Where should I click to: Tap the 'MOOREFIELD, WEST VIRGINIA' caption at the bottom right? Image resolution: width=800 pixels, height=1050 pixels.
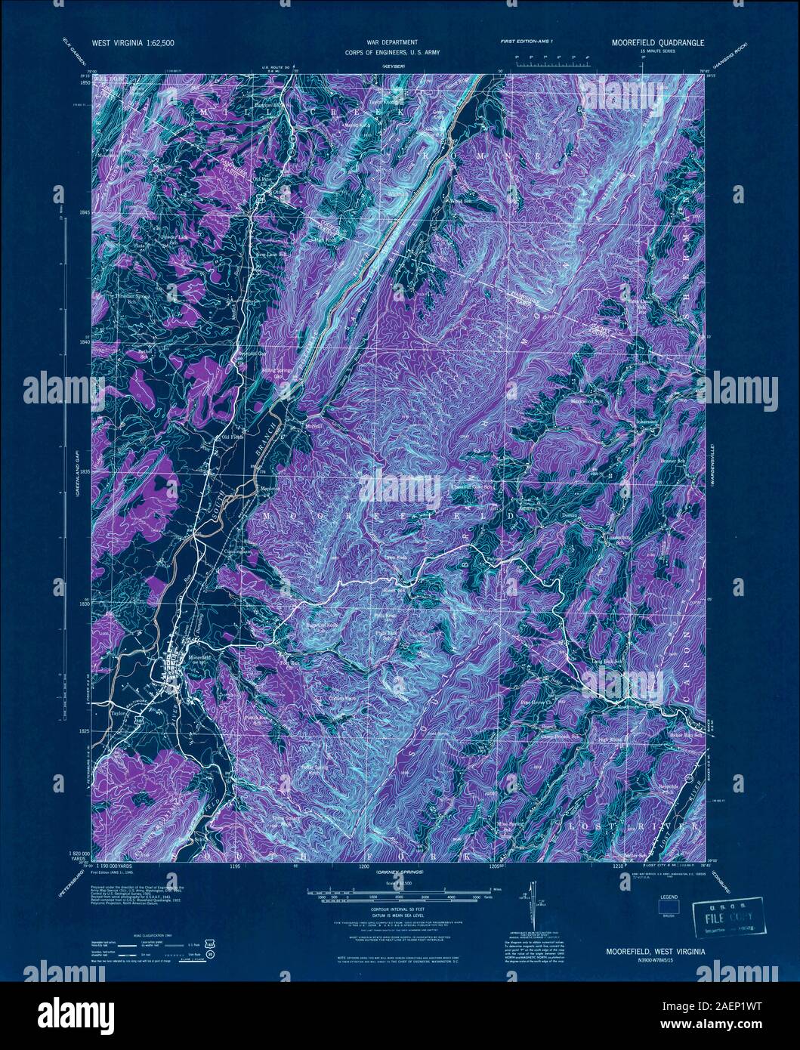tap(655, 952)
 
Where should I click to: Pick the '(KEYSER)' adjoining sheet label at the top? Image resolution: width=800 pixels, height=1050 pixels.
tap(395, 67)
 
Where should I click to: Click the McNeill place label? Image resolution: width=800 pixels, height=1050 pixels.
tap(314, 426)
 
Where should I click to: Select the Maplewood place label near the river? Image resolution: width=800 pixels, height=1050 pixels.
tap(271, 489)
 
